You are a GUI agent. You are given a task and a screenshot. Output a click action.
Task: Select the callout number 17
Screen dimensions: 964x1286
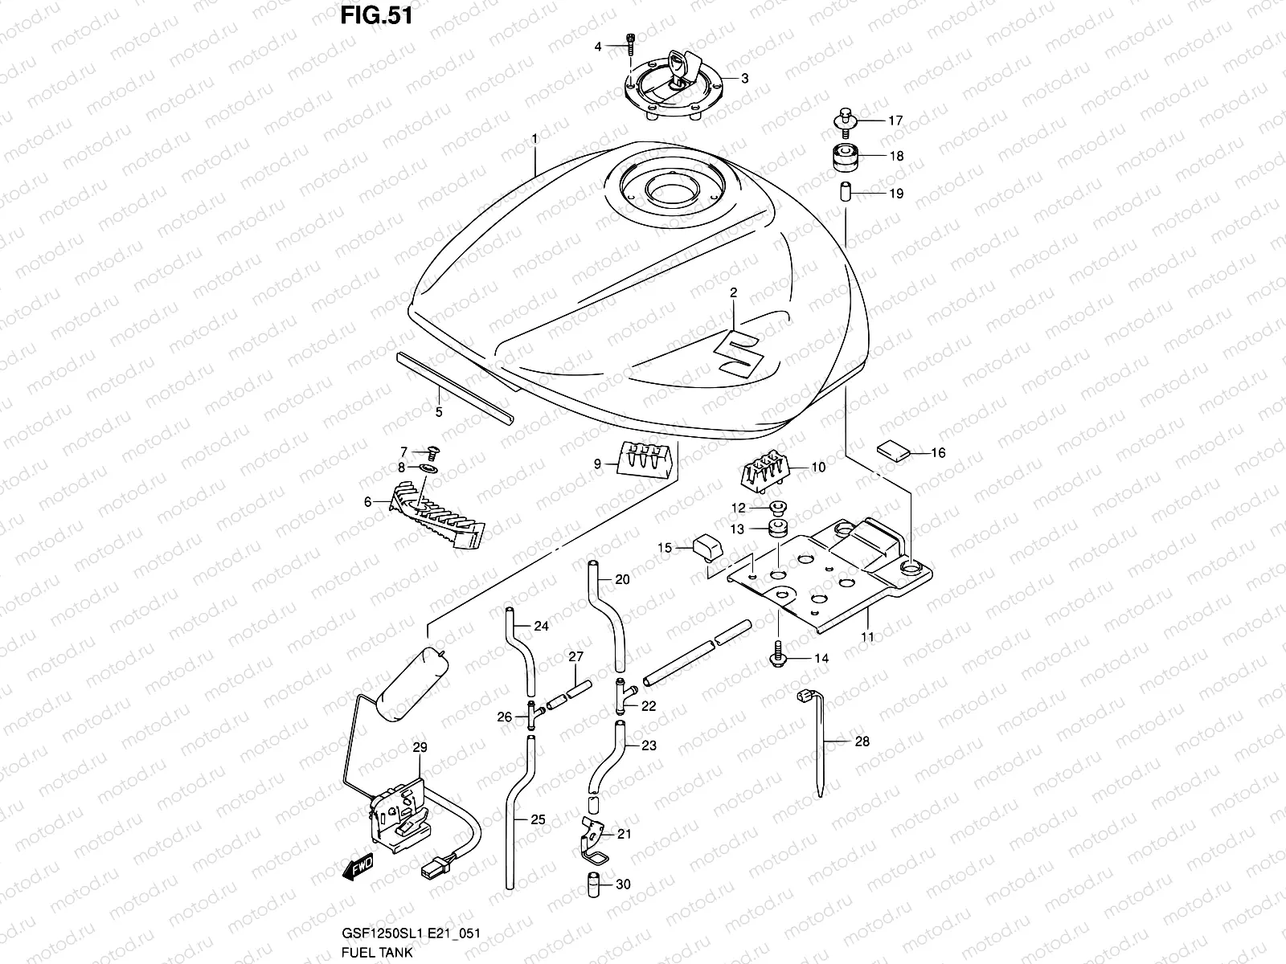tap(895, 120)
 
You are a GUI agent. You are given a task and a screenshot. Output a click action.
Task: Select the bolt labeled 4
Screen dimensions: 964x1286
tap(631, 45)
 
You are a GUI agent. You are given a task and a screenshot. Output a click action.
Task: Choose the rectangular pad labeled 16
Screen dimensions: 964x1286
tap(893, 449)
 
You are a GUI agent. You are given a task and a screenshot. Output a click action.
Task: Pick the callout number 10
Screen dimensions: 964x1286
tap(818, 466)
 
